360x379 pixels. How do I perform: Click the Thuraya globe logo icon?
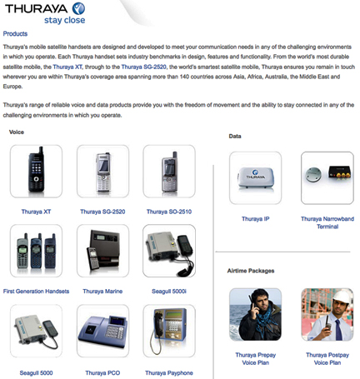(x=78, y=8)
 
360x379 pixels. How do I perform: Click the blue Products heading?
(x=15, y=34)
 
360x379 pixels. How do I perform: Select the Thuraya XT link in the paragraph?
(x=67, y=67)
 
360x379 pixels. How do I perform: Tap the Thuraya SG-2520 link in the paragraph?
(x=144, y=67)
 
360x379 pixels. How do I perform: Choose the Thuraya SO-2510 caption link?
(x=169, y=212)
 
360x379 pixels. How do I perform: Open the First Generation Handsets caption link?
(x=36, y=292)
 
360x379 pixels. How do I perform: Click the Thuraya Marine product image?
(x=103, y=251)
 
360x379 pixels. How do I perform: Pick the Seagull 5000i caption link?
(x=169, y=292)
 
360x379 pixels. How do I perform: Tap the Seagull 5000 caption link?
(x=36, y=373)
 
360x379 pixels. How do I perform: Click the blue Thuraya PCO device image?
(x=103, y=331)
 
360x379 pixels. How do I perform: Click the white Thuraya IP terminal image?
(x=256, y=178)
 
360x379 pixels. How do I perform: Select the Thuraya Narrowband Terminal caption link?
(x=327, y=222)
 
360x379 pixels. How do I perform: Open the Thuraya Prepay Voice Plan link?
(x=256, y=359)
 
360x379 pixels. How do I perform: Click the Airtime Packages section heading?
(x=251, y=271)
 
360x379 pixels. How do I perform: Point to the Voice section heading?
(x=17, y=132)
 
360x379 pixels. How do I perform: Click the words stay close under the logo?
(x=65, y=20)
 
